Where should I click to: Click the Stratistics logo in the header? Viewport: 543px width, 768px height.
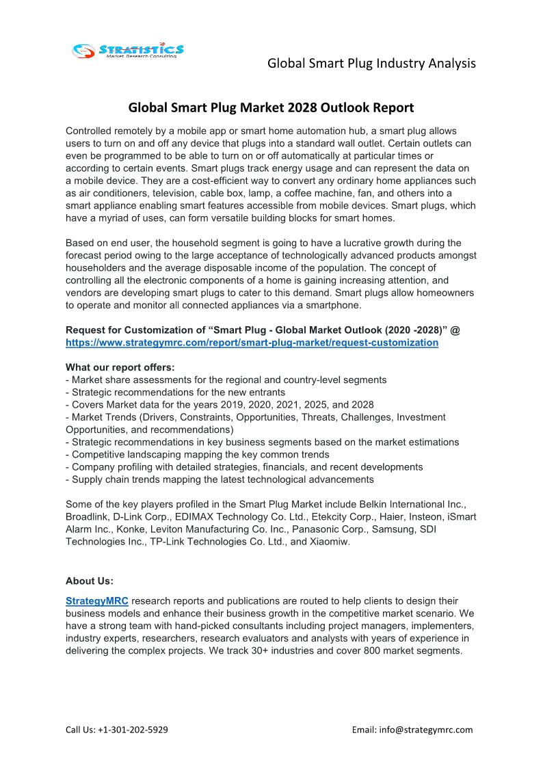click(128, 50)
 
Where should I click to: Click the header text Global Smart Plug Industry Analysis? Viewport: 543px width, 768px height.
click(371, 64)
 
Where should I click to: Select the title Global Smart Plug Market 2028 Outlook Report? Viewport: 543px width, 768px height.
click(271, 107)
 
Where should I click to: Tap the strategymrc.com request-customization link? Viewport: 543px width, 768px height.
click(252, 343)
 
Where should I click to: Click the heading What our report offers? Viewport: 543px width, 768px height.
click(120, 367)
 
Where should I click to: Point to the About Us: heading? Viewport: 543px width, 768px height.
click(90, 581)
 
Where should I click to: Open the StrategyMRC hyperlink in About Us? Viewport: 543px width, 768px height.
click(97, 601)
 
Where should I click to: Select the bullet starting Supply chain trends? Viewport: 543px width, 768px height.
click(220, 479)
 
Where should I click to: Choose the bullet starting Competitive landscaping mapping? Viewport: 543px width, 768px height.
click(197, 454)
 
